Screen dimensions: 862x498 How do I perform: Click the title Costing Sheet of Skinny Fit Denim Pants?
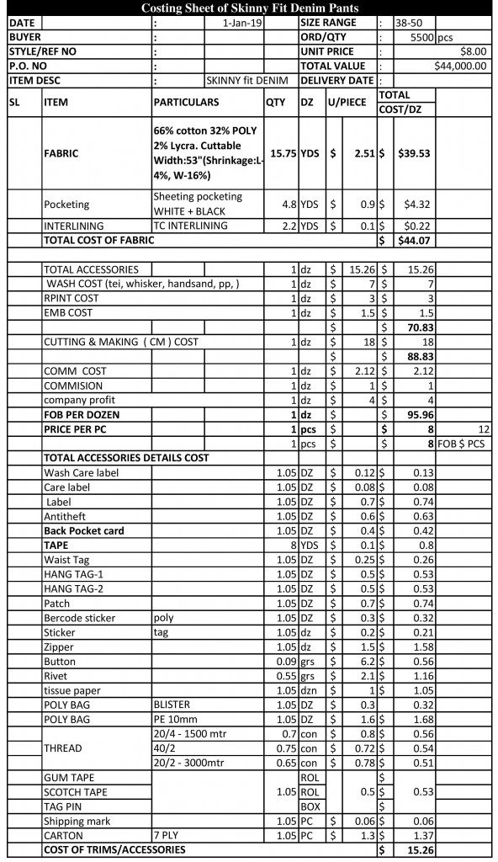[x=249, y=8]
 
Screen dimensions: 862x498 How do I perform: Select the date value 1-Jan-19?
[x=243, y=24]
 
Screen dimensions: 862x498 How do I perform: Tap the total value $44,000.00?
[x=460, y=66]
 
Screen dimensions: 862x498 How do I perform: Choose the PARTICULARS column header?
[x=186, y=102]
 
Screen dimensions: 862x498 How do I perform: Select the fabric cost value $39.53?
[x=416, y=154]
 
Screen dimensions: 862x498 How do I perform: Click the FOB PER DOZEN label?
[x=81, y=414]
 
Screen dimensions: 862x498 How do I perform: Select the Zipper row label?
[x=58, y=646]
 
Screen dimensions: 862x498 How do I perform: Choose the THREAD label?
[x=63, y=748]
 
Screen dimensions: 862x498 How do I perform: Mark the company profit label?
[x=80, y=400]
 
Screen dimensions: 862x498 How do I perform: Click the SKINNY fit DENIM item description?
[x=246, y=80]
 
